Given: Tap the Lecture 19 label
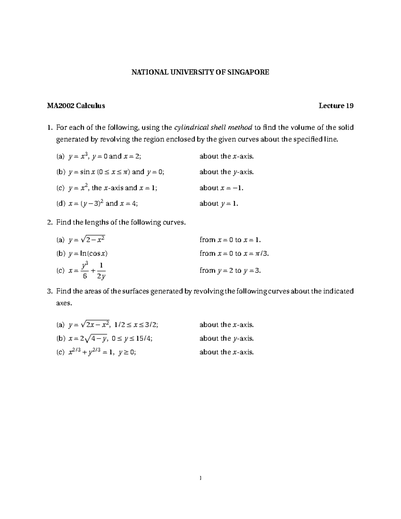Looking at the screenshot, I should coord(336,106).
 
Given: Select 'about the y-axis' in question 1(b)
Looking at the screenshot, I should coord(227,172).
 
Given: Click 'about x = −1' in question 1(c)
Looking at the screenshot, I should coord(221,188).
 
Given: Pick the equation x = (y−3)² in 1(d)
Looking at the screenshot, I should coord(86,204).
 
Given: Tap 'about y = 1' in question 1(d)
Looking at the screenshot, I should coord(219,204).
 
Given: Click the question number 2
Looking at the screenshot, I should coord(49,223).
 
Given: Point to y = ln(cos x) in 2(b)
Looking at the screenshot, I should coord(88,254).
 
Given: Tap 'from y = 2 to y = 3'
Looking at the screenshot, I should coord(230,271).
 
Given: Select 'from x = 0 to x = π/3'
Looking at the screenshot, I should coord(234,254).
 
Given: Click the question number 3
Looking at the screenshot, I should coord(49,291).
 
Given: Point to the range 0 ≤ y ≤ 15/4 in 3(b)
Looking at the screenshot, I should coord(132,339).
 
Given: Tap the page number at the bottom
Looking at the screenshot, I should coord(200,478).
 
